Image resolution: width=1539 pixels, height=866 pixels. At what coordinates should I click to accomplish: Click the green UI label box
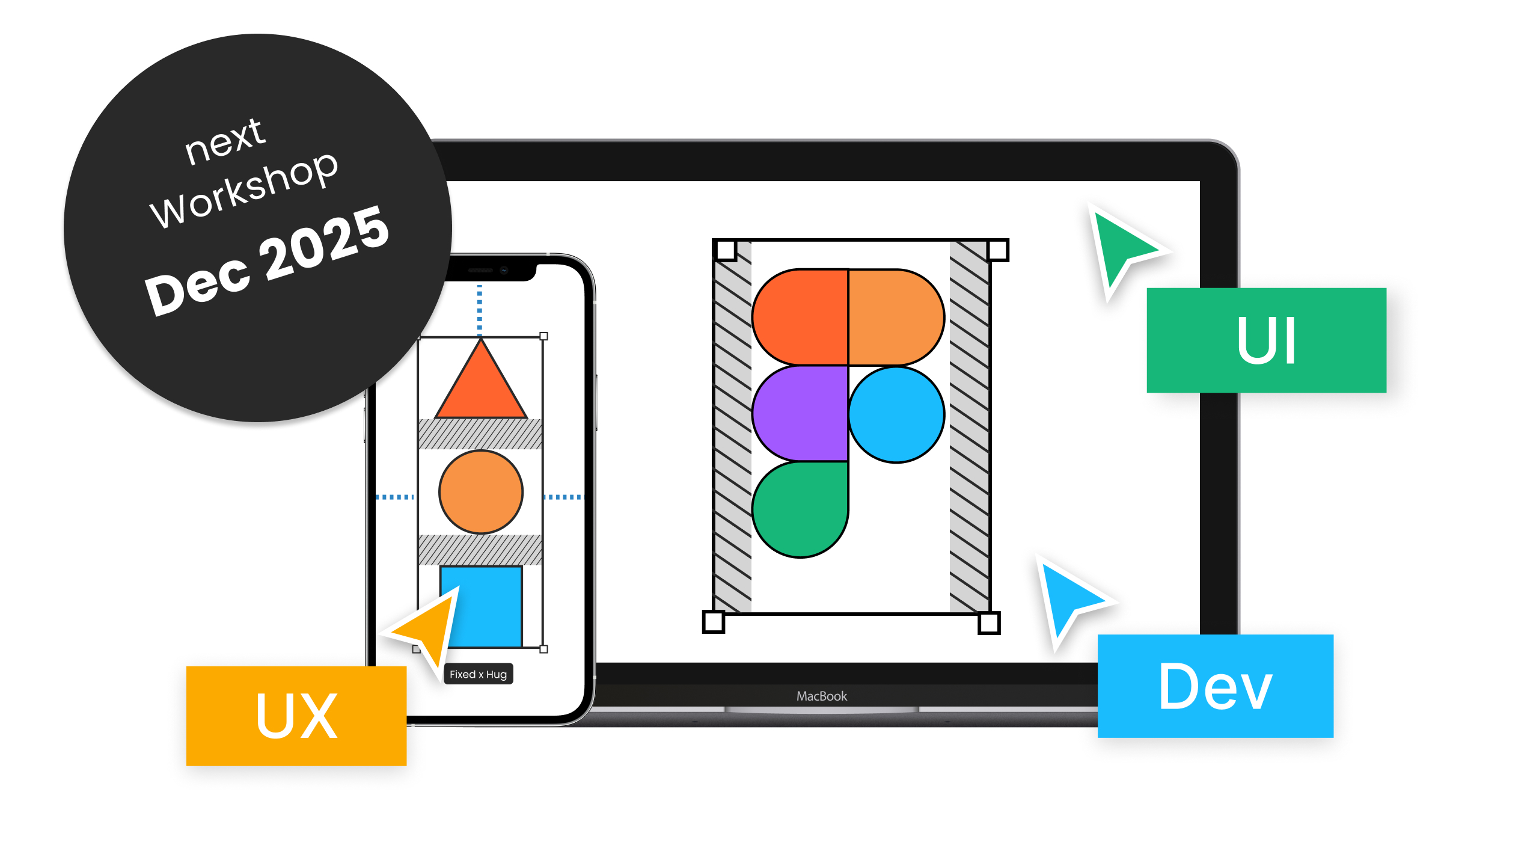1266,340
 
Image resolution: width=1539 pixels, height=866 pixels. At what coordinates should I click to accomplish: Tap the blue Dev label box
1215,686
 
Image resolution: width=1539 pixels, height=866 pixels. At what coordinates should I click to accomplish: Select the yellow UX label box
296,716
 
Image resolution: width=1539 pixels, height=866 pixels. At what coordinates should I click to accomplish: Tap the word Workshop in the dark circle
244,189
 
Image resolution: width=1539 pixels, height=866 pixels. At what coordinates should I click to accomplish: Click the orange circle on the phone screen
481,492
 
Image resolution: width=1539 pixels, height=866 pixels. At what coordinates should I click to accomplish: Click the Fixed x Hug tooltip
479,674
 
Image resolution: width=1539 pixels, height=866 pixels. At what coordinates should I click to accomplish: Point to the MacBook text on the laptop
821,696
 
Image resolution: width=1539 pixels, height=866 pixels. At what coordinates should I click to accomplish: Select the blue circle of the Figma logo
896,414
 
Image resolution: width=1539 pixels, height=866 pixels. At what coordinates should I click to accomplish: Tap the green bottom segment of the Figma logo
800,508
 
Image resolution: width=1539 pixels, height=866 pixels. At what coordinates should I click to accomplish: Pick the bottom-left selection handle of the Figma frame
714,622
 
